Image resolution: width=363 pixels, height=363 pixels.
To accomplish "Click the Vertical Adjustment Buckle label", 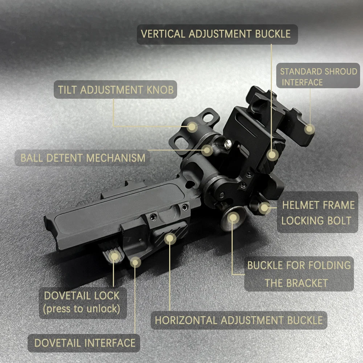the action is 217,34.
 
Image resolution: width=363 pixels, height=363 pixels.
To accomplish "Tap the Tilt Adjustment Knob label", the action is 115,90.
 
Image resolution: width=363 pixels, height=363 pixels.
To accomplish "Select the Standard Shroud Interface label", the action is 318,76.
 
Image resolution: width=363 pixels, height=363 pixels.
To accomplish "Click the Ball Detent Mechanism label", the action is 82,158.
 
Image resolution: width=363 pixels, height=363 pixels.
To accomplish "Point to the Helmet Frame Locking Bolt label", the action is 318,212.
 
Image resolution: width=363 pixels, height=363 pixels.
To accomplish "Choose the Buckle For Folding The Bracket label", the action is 299,274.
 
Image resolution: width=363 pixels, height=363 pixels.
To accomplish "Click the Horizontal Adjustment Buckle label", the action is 239,320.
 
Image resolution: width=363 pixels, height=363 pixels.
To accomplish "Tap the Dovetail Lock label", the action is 82,303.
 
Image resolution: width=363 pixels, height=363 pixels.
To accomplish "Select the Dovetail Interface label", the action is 84,343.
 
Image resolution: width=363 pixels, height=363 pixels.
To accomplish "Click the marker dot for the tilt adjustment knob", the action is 192,127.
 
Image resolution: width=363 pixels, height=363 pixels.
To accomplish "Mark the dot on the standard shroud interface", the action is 310,129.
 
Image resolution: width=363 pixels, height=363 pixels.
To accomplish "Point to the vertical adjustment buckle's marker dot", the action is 273,155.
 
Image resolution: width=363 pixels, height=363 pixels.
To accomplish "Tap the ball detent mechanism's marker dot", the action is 207,150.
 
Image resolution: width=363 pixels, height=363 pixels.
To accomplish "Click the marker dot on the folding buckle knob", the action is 233,217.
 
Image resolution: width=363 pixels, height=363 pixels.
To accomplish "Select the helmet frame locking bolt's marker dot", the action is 264,208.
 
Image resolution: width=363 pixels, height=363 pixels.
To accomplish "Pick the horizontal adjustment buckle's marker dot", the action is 170,238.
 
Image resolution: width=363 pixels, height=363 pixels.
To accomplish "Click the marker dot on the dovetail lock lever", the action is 114,256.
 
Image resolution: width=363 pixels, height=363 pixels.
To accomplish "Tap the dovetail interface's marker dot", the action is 135,262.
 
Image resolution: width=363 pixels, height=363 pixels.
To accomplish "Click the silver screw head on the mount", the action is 228,144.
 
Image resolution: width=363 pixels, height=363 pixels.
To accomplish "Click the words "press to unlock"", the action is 81,309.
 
